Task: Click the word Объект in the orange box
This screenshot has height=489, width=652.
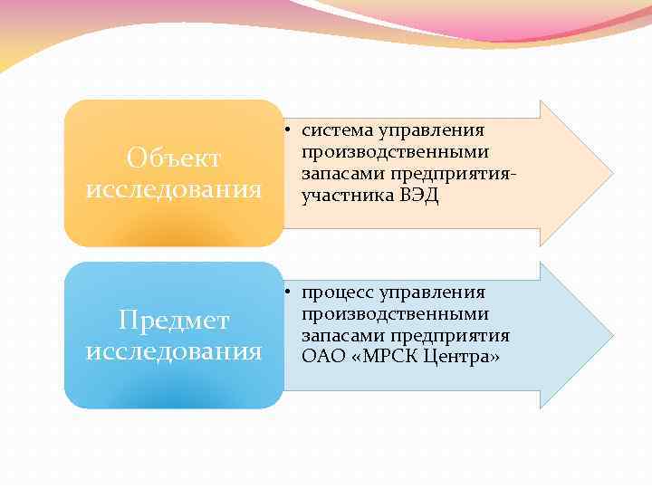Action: [x=173, y=158]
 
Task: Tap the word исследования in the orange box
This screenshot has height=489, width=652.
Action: [x=173, y=189]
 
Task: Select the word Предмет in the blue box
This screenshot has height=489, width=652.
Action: [x=174, y=321]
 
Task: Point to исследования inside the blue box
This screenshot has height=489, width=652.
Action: [x=174, y=350]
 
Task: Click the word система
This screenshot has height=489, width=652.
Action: [x=335, y=132]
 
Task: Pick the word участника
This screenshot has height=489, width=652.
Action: [x=346, y=196]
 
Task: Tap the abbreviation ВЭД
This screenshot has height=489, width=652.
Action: [x=418, y=196]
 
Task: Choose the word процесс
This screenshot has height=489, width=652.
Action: [x=339, y=293]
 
